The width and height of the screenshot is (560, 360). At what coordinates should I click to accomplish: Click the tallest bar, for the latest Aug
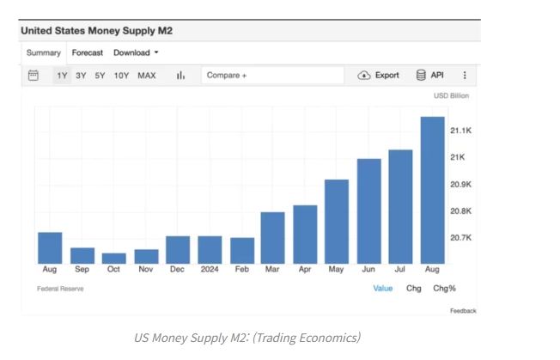coord(432,191)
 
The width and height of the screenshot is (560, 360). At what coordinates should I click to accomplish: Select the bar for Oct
coord(113,258)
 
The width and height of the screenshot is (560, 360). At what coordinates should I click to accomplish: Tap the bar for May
coord(337,222)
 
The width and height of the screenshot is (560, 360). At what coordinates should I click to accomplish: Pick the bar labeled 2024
coord(210,250)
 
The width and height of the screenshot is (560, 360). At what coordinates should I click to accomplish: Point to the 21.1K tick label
coord(460,131)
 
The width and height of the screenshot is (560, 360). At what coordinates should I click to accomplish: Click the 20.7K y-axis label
coord(460,237)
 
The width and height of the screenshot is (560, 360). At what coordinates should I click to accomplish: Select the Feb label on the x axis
coord(241,269)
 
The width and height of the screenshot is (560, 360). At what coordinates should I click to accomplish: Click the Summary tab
coord(43,52)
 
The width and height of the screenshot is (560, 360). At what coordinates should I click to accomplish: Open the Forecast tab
coord(88,52)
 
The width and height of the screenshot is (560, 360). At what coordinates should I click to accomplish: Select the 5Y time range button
coord(100,76)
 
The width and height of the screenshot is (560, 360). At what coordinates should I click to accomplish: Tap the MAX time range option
coord(147,76)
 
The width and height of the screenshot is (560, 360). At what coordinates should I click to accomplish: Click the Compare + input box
coord(272,76)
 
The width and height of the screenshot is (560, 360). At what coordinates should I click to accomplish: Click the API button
coord(432,76)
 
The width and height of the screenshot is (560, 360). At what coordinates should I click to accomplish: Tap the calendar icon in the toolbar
coord(33,76)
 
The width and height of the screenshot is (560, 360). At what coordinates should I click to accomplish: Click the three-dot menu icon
coord(466,76)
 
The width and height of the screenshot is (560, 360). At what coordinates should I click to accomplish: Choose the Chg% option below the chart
coord(444,289)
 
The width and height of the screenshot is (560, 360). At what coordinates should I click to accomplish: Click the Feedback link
coord(462,310)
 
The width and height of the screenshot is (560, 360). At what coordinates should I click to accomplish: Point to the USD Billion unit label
coord(452,96)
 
